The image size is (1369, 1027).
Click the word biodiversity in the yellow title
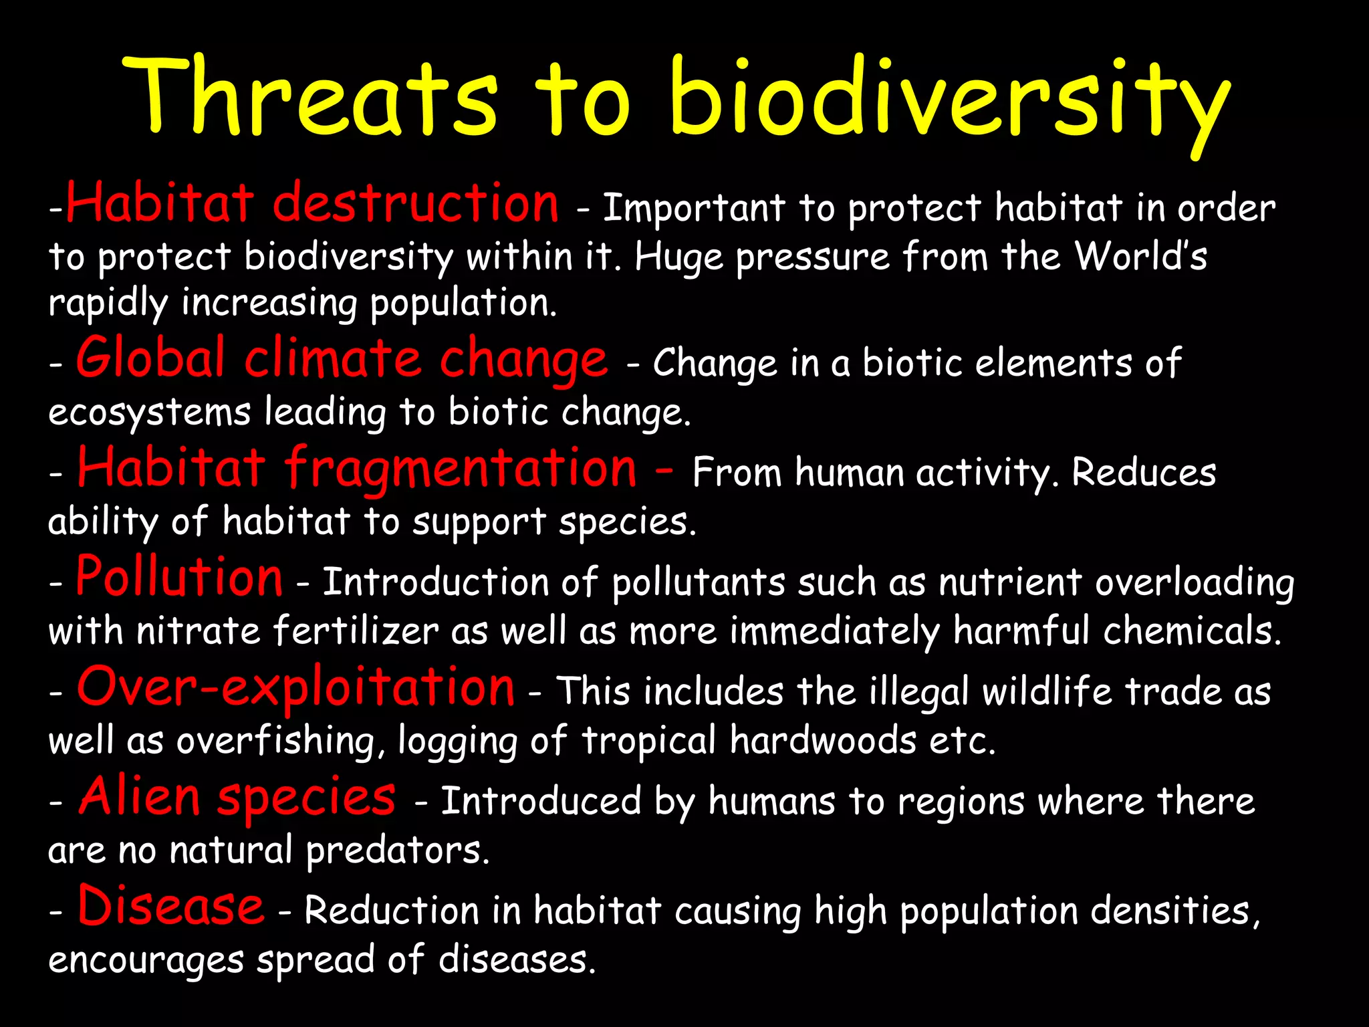click(949, 100)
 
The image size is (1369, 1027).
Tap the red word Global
click(150, 358)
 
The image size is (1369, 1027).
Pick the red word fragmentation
click(461, 468)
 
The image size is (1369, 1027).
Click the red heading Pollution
click(179, 576)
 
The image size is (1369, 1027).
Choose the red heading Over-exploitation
click(295, 687)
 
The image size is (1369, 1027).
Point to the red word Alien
click(139, 796)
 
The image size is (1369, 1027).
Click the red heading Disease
click(171, 906)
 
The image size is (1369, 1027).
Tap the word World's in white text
click(1140, 255)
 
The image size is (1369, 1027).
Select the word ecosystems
click(149, 413)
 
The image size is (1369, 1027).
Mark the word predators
click(398, 851)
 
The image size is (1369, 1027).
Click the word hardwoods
click(823, 741)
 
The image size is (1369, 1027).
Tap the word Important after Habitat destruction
click(694, 208)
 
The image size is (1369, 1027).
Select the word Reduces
click(1144, 473)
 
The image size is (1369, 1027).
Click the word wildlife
click(1047, 691)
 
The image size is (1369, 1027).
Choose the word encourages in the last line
click(146, 961)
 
